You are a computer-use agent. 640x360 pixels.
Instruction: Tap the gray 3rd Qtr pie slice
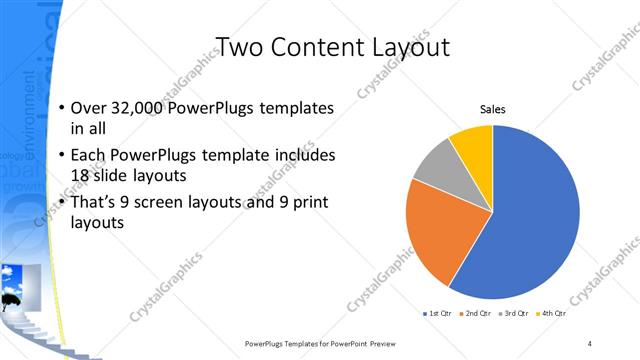coord(436,164)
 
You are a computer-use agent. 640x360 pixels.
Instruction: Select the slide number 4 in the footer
coord(590,343)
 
